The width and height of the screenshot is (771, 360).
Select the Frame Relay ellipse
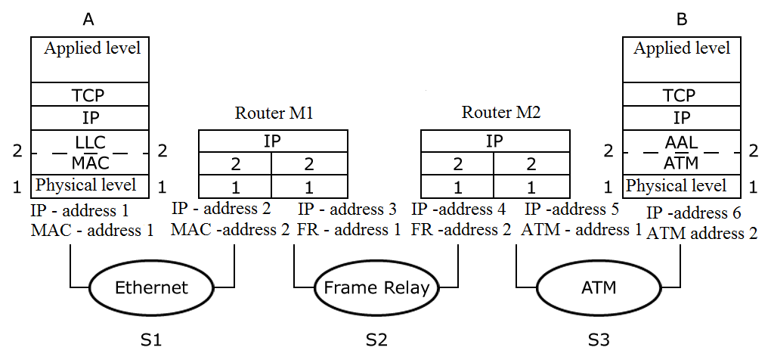tap(376, 287)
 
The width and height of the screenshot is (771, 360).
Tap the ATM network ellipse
tap(599, 287)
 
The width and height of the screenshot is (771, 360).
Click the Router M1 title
tap(274, 114)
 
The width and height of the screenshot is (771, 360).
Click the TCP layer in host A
tap(89, 95)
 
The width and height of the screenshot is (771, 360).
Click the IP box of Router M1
tap(273, 141)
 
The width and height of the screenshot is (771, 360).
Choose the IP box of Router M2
tap(494, 141)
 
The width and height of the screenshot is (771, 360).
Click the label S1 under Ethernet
tap(151, 340)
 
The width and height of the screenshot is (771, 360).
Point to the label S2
tap(376, 340)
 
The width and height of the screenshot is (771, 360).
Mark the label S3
tap(598, 340)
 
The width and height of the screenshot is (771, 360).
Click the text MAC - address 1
tap(92, 230)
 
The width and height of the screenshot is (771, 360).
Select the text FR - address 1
tap(349, 230)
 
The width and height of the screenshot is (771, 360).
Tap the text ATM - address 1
tap(581, 229)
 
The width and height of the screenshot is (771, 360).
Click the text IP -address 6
tap(694, 214)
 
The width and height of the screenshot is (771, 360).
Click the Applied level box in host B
tap(682, 59)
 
